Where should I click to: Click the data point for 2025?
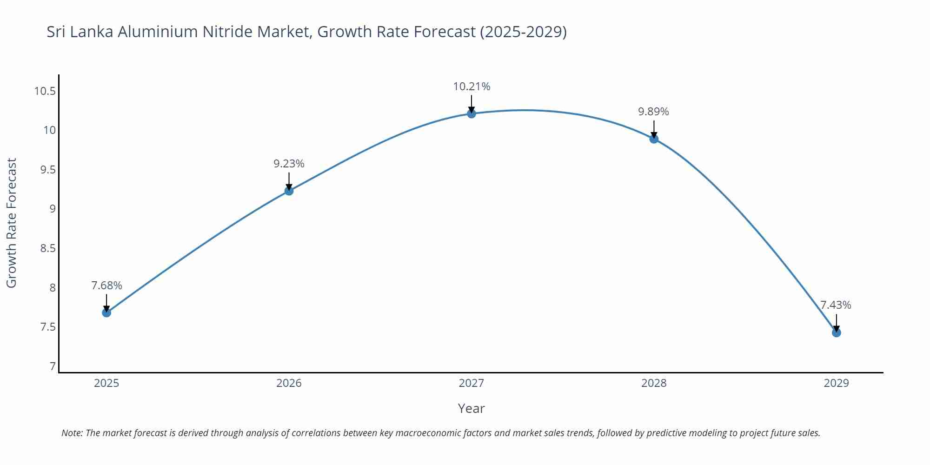[106, 312]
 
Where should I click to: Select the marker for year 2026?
[289, 191]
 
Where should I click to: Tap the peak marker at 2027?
[472, 113]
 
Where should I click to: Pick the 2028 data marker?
[654, 139]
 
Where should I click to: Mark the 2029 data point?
[836, 332]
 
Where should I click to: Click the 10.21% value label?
[472, 86]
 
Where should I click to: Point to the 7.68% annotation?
[106, 286]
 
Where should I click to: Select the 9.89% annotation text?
[653, 112]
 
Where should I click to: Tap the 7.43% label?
[836, 305]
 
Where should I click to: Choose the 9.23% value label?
[289, 164]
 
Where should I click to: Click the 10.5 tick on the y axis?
[45, 91]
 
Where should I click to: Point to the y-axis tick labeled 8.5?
[47, 248]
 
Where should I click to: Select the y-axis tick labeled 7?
[53, 366]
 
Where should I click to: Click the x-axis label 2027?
[471, 383]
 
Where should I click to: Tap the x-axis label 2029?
[836, 383]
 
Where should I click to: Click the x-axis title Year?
[471, 408]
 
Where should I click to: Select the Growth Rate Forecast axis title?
[12, 223]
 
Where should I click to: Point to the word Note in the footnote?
[72, 433]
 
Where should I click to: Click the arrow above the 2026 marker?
[289, 180]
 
